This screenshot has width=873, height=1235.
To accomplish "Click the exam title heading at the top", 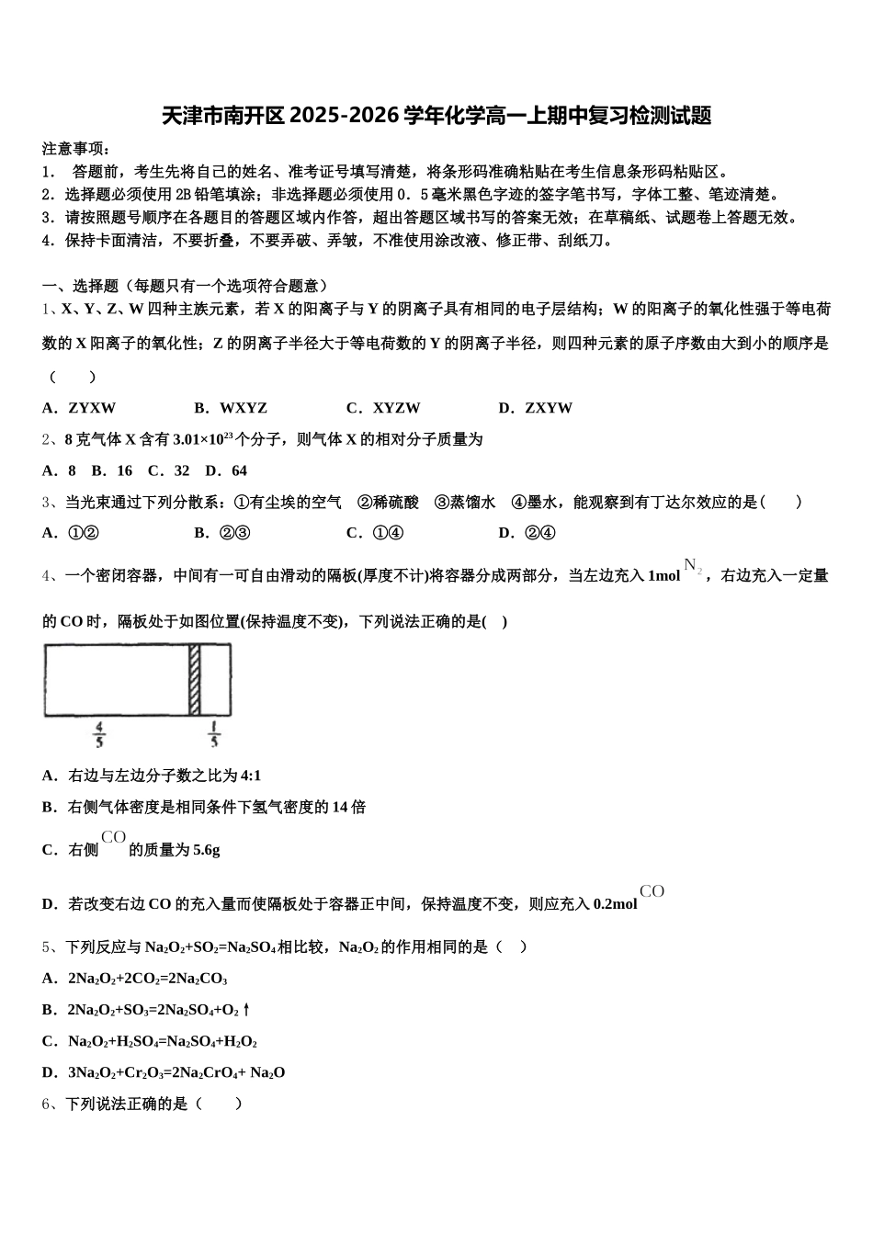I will [436, 116].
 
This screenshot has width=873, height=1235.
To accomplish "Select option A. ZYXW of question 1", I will [80, 408].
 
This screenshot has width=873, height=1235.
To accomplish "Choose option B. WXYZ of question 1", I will [231, 408].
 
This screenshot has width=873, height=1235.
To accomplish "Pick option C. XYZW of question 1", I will [383, 408].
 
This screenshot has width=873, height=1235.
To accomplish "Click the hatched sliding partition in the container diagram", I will [195, 680].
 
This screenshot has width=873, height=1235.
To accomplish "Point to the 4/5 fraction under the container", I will [99, 735].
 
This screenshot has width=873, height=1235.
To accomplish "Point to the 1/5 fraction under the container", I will [213, 735].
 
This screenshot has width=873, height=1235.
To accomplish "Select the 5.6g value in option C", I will [201, 851].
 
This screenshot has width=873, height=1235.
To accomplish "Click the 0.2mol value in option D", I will [615, 904].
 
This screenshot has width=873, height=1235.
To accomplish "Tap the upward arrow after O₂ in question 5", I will [246, 1010].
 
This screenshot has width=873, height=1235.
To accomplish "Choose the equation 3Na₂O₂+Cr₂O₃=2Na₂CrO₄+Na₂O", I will [176, 1072].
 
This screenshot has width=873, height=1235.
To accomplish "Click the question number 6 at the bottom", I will [47, 1104].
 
